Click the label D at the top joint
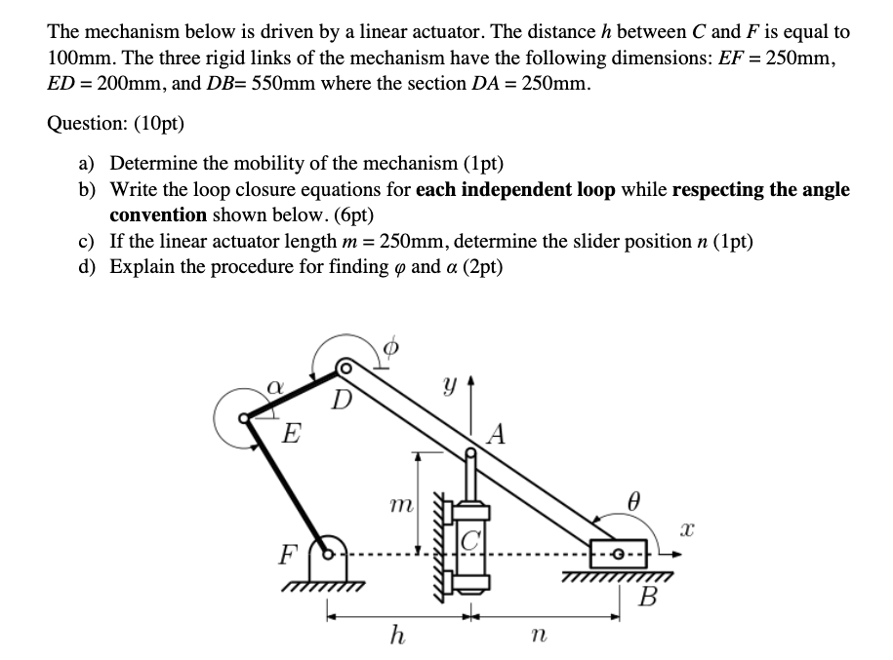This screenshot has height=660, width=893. coord(341,400)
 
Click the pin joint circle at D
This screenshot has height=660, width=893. coord(345,369)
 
